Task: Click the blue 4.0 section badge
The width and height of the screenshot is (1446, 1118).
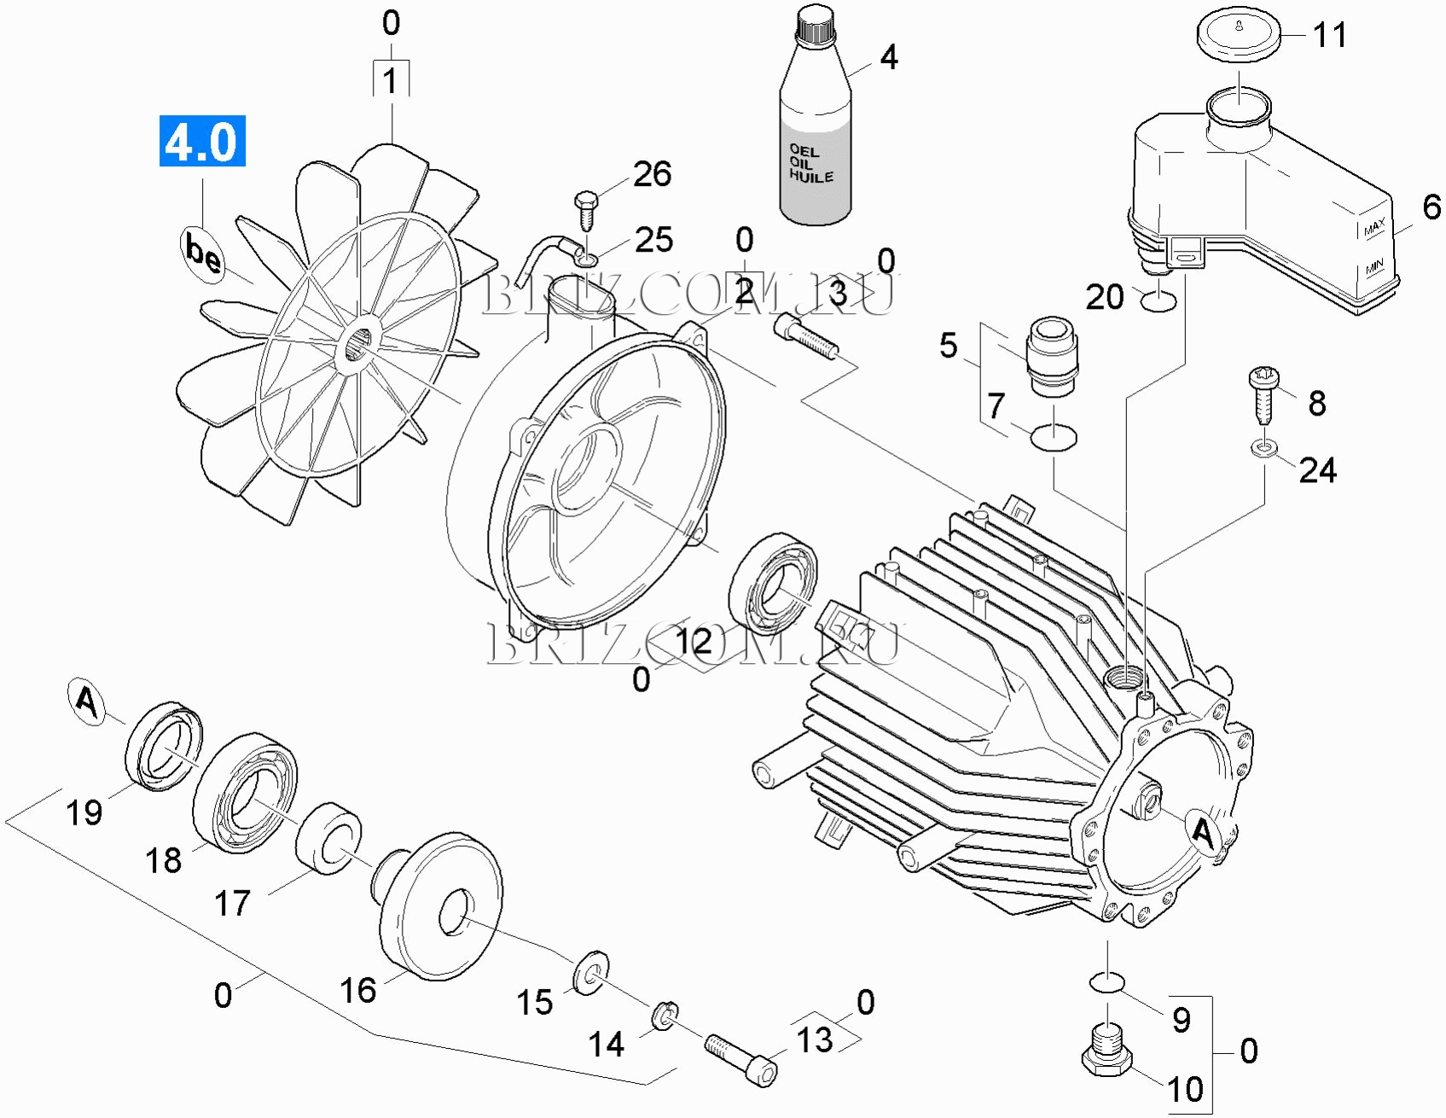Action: click(202, 141)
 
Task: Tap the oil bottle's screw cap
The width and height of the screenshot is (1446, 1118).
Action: click(814, 24)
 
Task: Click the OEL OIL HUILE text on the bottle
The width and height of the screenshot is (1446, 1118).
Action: click(810, 163)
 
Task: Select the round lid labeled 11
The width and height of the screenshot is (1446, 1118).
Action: click(1240, 34)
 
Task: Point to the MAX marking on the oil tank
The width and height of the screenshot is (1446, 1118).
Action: click(1373, 228)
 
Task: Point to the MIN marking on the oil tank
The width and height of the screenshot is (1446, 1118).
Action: click(1373, 268)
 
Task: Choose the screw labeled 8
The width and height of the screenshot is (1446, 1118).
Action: click(1263, 394)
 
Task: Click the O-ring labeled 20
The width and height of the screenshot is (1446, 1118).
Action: click(1159, 300)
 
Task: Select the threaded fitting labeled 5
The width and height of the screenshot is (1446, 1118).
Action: click(1052, 357)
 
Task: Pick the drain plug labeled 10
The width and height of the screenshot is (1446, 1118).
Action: click(1107, 1053)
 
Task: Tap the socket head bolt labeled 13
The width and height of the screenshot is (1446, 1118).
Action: click(740, 1059)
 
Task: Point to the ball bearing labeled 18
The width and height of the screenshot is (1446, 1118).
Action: click(246, 793)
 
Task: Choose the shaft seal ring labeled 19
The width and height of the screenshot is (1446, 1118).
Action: click(165, 747)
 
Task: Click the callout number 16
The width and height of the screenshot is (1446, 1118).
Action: click(357, 990)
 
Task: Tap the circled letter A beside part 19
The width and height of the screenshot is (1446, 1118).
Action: click(87, 702)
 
